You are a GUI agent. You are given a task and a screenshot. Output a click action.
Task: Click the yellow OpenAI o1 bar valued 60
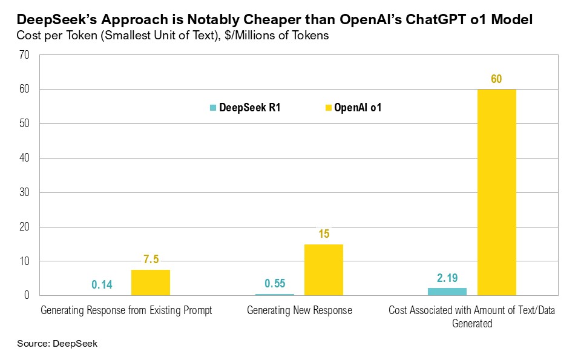(x=496, y=192)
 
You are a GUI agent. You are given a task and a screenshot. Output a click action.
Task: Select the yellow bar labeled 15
(x=323, y=270)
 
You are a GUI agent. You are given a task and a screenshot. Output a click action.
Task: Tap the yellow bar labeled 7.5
(x=150, y=283)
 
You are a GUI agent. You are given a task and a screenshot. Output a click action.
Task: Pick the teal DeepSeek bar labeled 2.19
(x=448, y=292)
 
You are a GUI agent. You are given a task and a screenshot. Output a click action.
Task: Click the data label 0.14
(x=102, y=284)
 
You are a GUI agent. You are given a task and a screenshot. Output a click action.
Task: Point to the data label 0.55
(x=275, y=283)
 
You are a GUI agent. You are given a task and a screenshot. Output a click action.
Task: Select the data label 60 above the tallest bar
(x=496, y=79)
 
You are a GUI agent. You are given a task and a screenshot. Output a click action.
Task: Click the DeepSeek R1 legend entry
(x=245, y=108)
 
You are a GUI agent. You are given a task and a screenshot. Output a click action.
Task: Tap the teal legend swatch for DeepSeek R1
(x=212, y=108)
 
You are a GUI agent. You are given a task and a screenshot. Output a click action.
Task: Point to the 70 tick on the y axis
(x=25, y=55)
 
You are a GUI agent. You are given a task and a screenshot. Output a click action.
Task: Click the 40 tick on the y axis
(x=25, y=159)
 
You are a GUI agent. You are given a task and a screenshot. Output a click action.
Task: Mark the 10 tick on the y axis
(x=25, y=261)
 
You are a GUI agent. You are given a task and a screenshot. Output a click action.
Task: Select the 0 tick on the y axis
(x=27, y=296)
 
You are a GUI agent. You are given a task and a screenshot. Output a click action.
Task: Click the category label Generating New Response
(x=299, y=310)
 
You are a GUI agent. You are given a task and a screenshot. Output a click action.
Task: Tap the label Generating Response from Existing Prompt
(x=126, y=310)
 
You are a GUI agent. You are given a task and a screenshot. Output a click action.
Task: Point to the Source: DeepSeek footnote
(x=57, y=344)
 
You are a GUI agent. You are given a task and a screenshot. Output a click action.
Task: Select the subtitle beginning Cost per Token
(x=172, y=35)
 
